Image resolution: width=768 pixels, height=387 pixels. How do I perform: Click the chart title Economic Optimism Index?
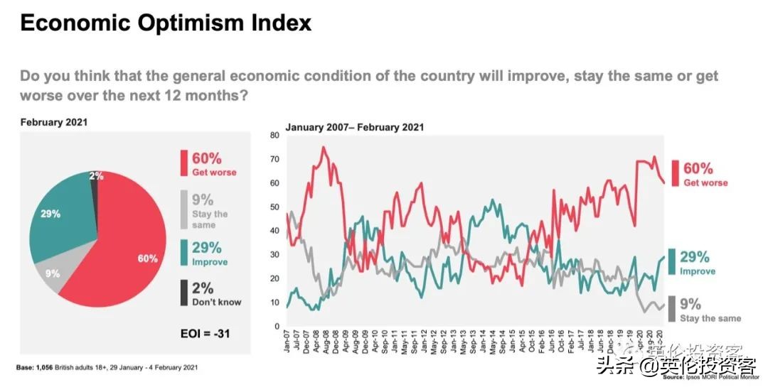[x=166, y=23]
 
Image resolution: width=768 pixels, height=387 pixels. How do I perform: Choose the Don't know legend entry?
[x=213, y=294]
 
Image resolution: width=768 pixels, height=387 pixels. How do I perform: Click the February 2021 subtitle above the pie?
[x=54, y=122]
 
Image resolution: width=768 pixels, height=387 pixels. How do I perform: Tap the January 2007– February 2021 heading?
[x=354, y=128]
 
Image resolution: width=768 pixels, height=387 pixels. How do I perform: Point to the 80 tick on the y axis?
[x=274, y=135]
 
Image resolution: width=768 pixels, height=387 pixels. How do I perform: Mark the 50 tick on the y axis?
[x=274, y=207]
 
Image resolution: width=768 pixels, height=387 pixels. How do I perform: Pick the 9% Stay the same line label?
[x=704, y=310]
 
